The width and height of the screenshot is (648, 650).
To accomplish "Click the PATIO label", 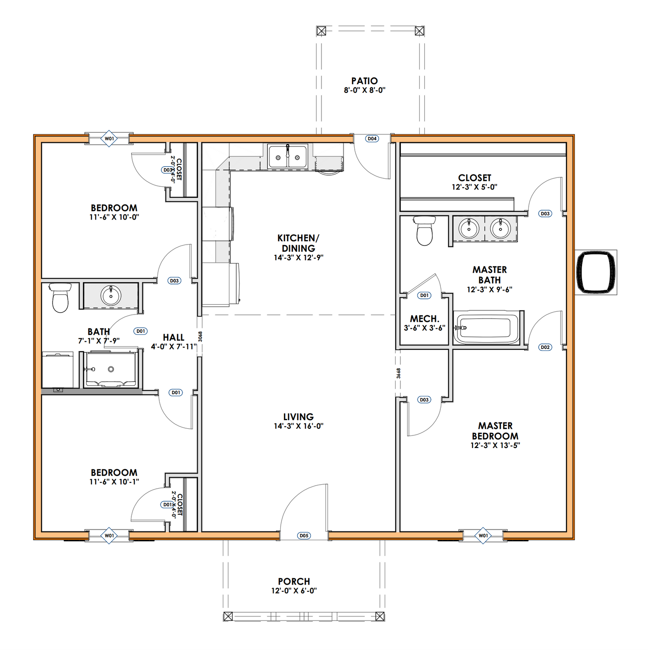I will coord(364,81).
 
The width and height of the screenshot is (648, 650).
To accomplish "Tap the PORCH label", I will coord(294,581).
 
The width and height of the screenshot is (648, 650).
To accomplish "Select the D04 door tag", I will coord(372,139).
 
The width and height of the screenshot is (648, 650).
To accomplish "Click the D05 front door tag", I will coord(304,536).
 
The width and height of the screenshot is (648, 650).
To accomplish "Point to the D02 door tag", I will coord(545,347).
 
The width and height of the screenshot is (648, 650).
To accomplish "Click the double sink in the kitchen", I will coord(287,157).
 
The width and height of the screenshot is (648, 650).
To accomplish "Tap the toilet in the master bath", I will coord(424,230).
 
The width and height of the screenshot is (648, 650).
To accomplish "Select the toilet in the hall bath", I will coord(60,297).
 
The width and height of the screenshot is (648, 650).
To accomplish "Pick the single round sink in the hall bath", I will coord(111,295).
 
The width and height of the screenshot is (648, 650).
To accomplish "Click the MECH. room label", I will coord(424,319).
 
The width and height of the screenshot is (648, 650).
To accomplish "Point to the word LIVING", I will coord(298,417).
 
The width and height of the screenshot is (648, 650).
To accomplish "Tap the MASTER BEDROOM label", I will coord(495,431).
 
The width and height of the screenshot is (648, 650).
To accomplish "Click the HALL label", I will coord(174,338).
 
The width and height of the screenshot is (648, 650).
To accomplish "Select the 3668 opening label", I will coord(398,373).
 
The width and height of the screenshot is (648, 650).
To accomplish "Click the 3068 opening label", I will coord(200,336).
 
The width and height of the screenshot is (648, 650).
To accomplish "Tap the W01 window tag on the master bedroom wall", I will coord(483,536).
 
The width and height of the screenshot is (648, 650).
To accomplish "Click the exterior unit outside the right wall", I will coord(596,272).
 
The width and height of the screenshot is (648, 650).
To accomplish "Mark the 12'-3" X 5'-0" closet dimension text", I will coord(474,187).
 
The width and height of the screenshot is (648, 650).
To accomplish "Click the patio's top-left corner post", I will coord(321,31).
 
